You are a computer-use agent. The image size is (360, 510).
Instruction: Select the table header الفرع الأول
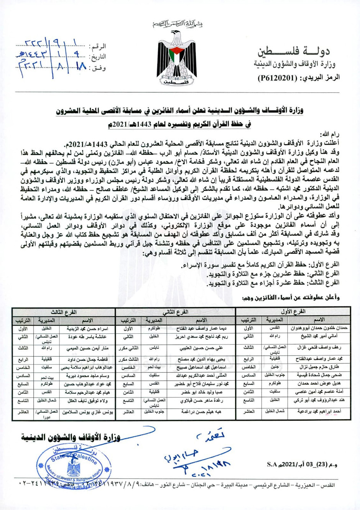pos(293,312)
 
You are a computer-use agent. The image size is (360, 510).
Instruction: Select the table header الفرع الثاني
pos(175,312)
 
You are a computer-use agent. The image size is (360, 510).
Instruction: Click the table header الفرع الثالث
pos(64,312)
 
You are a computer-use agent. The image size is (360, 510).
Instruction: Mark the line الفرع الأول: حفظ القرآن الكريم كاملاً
pos(260,265)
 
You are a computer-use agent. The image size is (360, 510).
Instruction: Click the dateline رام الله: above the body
pos(330,134)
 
